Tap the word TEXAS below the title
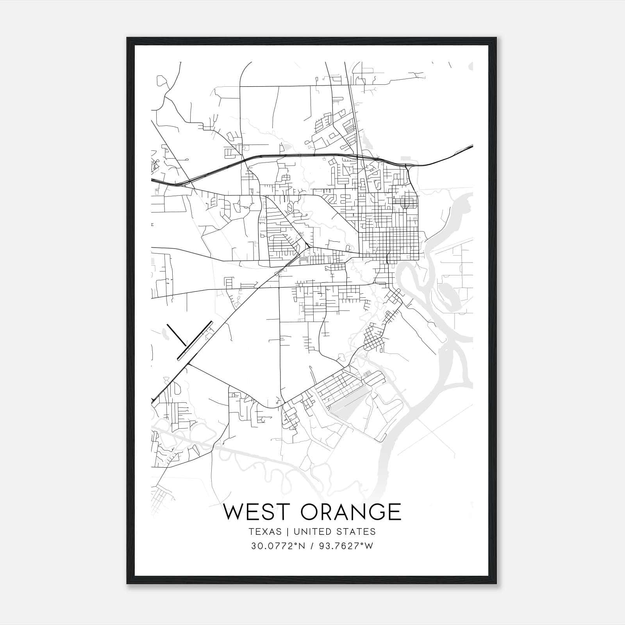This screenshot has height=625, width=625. pos(264,532)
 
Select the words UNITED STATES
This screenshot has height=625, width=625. pos(334,532)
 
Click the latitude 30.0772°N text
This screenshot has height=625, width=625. pos(277,546)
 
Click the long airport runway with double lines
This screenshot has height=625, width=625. pos(195,340)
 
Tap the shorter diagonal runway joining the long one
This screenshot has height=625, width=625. pos(177,335)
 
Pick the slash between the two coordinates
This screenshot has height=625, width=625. pos(312,546)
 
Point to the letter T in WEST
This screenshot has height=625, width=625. pos(281,511)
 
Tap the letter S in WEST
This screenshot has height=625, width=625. pos(267,511)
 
